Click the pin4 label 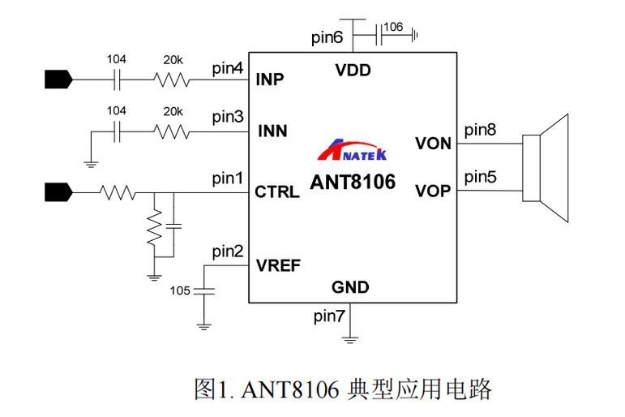227,68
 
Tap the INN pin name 272,131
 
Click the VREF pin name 278,264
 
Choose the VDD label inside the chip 353,71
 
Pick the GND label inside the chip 350,287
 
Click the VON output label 433,144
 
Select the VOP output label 433,192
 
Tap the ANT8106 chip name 353,183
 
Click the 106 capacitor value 393,27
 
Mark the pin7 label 329,316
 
